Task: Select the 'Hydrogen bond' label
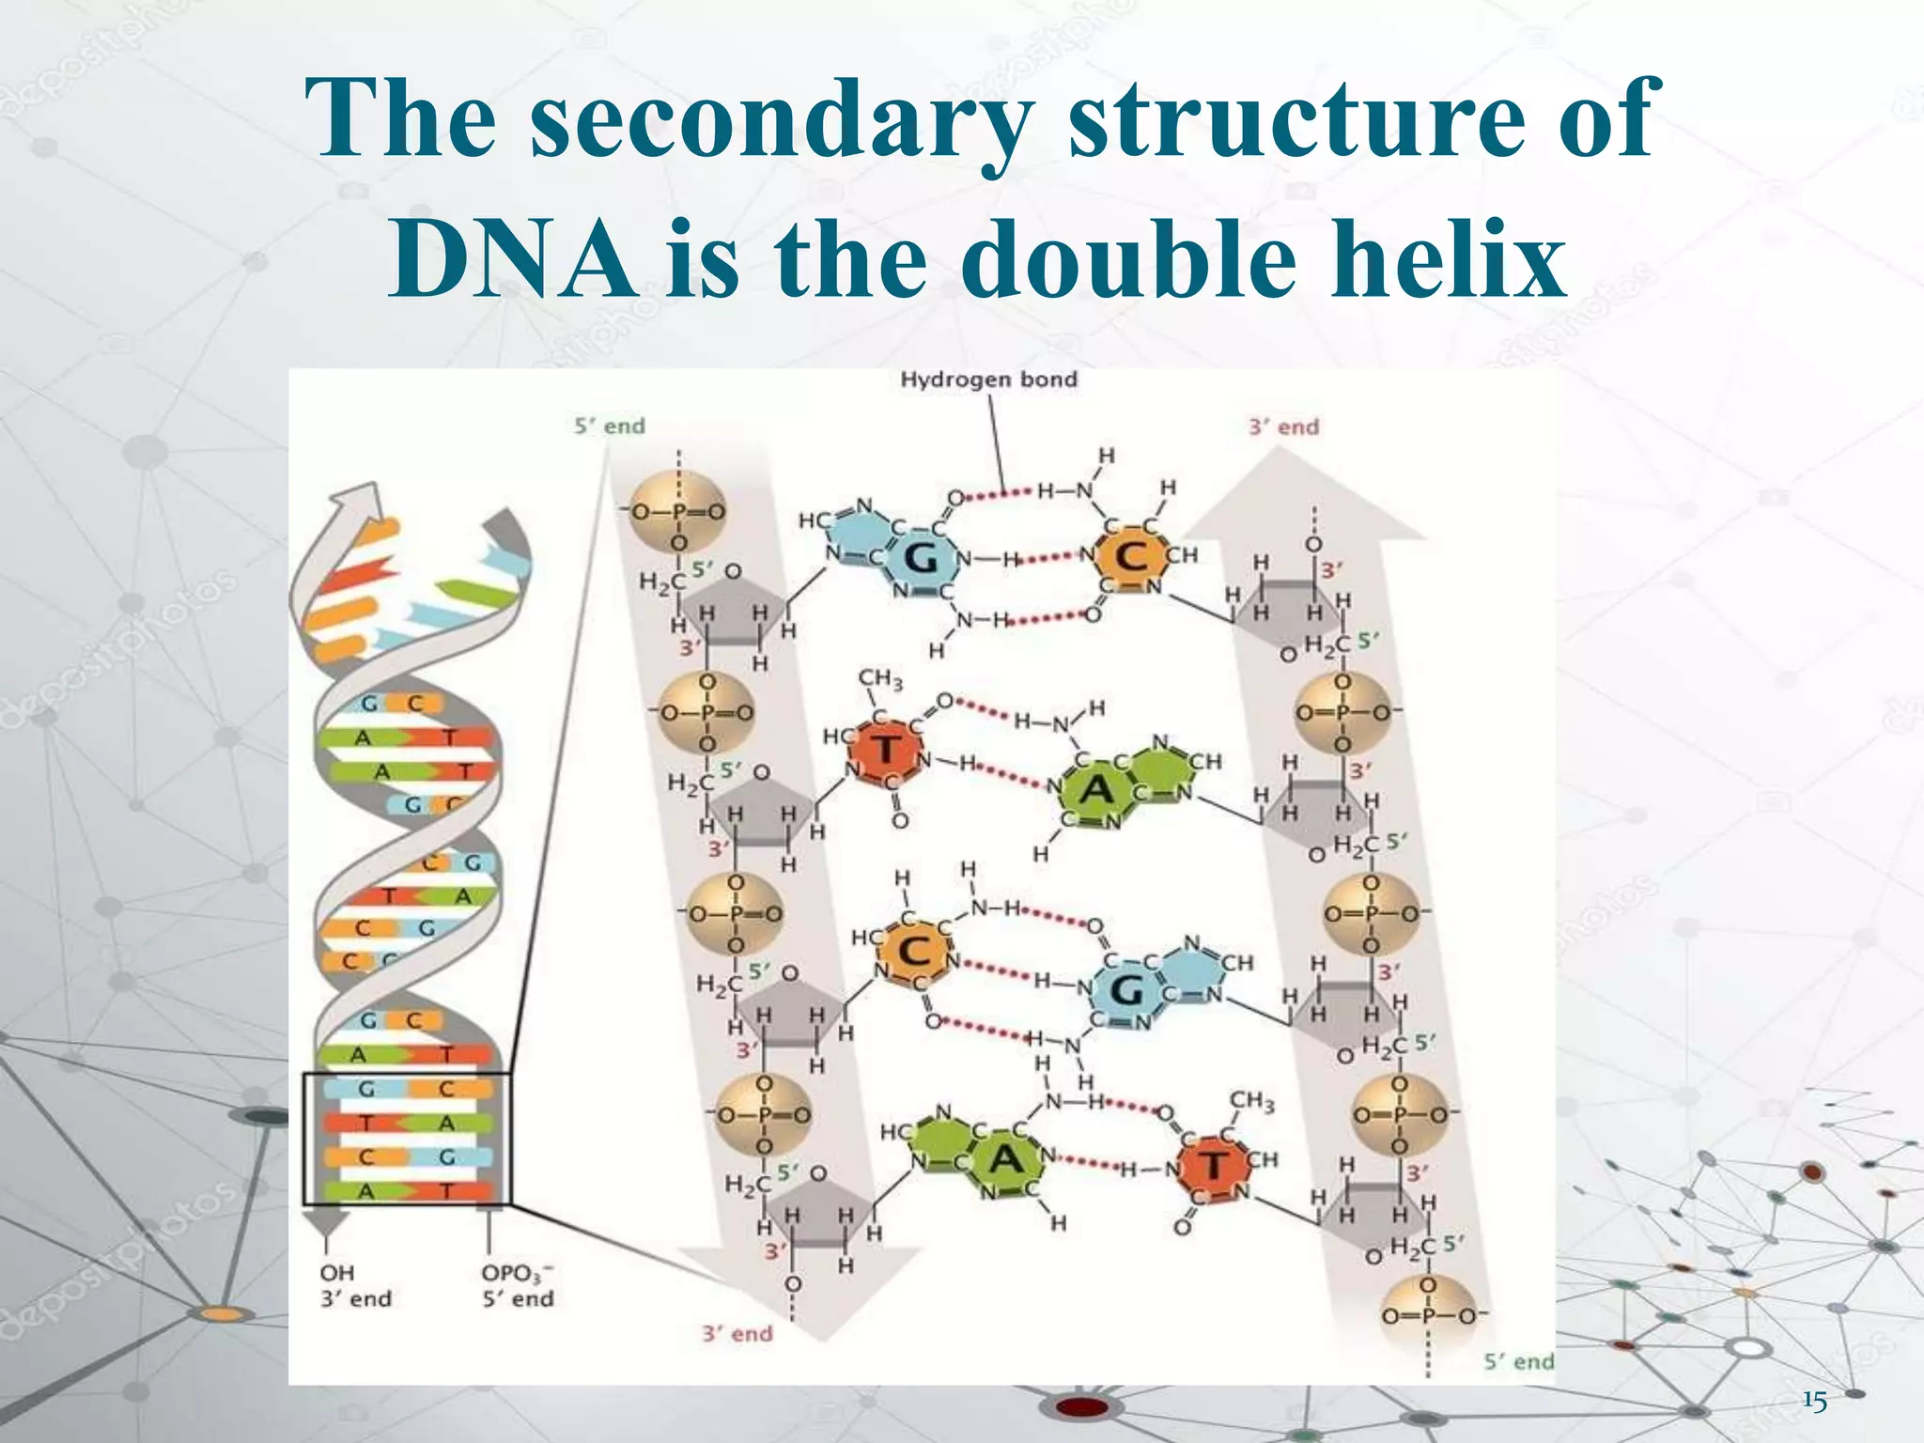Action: point(988,380)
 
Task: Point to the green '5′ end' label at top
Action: point(610,427)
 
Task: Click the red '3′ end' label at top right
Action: point(1283,427)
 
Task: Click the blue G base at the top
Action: point(921,559)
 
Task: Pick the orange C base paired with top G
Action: point(1131,557)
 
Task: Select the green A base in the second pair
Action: point(1096,790)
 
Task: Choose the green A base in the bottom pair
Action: point(1005,1160)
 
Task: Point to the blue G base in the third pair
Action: point(1125,990)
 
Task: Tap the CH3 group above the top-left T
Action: point(880,679)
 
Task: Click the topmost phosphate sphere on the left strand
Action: point(677,513)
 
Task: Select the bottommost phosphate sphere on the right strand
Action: point(1427,1313)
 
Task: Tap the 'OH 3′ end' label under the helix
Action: point(355,1286)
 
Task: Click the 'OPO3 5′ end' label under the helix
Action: point(518,1286)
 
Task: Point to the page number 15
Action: point(1815,1403)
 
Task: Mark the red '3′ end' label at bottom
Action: point(737,1334)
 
